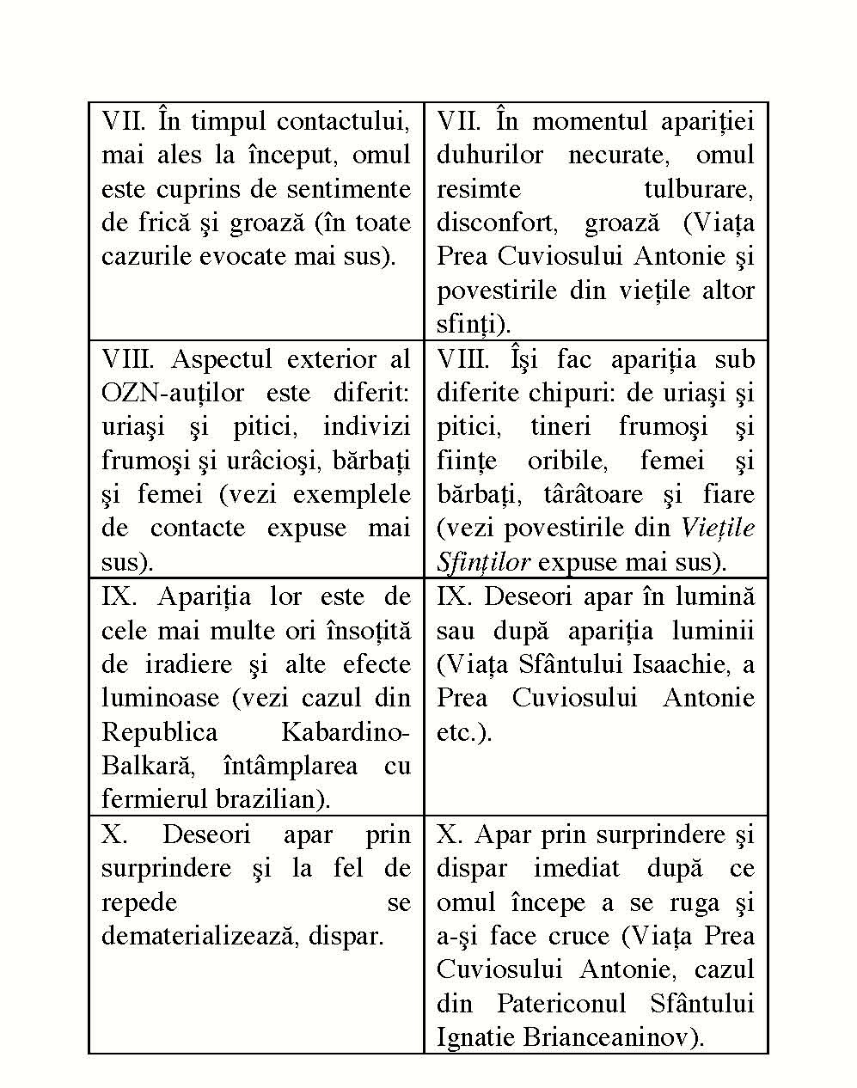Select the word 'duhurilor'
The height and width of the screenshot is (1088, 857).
coord(490,156)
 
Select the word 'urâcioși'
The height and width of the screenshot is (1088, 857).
coord(277,461)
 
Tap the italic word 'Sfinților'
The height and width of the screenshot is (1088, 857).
coord(483,562)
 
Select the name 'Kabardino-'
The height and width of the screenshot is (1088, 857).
coord(346,732)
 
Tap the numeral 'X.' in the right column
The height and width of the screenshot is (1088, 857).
coord(449,834)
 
